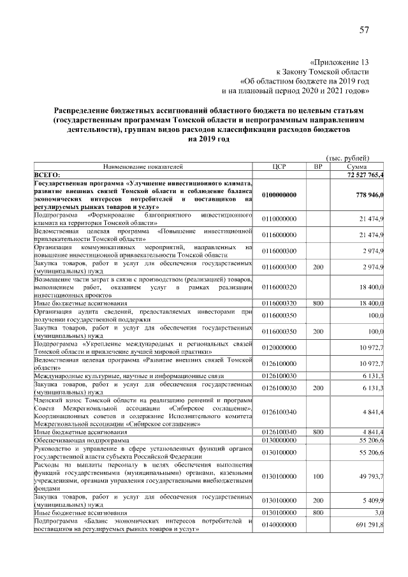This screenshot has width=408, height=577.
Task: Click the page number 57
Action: (x=364, y=30)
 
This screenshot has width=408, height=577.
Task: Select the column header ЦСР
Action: (x=279, y=166)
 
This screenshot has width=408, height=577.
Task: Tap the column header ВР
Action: (x=318, y=166)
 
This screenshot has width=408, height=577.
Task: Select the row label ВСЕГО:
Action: (x=47, y=174)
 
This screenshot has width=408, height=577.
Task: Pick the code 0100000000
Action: (x=279, y=195)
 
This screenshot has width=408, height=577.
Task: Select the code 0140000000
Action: (x=279, y=524)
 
